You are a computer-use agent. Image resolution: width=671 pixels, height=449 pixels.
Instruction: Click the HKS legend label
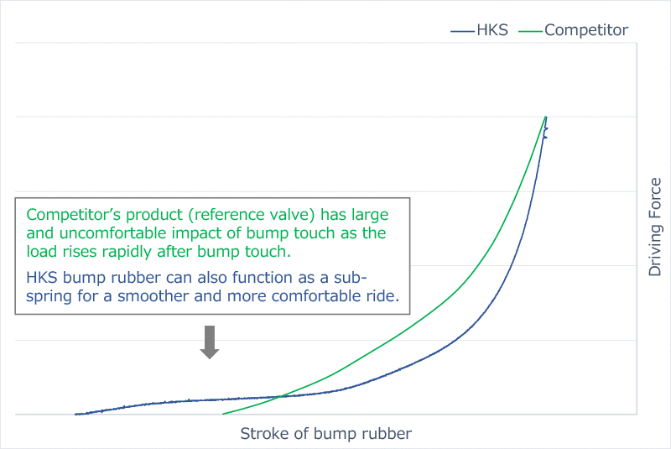click(x=492, y=30)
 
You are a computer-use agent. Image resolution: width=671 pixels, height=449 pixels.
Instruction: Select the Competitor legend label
click(x=586, y=30)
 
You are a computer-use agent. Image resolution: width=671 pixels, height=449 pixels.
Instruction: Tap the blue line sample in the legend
click(x=462, y=31)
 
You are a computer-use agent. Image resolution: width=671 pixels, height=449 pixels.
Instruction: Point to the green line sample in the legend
click(x=531, y=31)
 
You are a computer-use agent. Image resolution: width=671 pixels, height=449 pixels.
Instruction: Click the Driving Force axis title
click(x=655, y=227)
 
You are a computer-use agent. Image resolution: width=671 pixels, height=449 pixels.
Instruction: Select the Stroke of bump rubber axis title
click(x=325, y=434)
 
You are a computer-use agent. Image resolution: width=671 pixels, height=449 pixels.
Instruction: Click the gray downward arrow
click(x=210, y=342)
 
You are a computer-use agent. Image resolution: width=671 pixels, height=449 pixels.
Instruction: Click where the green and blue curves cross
click(x=280, y=397)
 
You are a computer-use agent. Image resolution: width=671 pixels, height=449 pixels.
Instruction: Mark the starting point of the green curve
click(x=223, y=414)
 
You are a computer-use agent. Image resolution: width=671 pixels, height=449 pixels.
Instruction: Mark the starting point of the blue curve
click(x=75, y=414)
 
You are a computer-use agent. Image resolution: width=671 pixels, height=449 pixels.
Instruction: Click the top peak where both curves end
click(x=546, y=117)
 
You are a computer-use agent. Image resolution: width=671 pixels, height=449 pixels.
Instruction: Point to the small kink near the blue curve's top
click(x=545, y=133)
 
